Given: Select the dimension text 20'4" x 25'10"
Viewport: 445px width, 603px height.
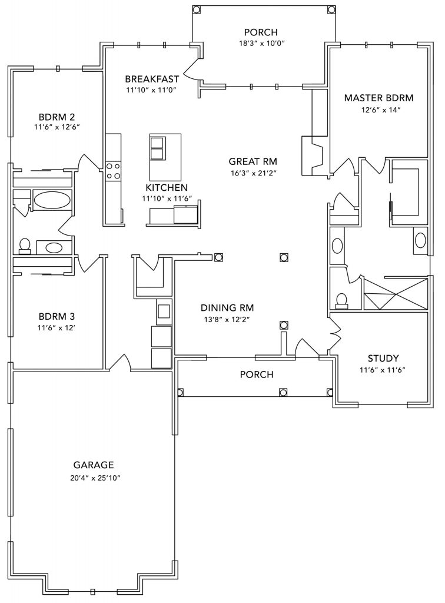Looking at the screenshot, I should click(x=93, y=478).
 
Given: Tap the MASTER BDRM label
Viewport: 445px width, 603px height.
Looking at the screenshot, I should click(x=378, y=98).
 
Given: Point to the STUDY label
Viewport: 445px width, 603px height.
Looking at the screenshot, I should click(x=383, y=358).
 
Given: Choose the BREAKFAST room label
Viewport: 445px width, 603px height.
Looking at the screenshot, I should click(x=152, y=79).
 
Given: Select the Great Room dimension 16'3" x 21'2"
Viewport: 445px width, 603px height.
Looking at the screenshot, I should click(x=253, y=173).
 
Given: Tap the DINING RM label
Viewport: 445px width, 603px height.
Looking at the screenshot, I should click(x=227, y=307).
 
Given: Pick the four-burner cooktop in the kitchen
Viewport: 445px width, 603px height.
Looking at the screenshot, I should click(x=113, y=171).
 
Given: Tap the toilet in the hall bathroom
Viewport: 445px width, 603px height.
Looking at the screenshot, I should click(x=25, y=245).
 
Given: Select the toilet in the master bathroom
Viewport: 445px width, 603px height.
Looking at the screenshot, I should click(x=341, y=300).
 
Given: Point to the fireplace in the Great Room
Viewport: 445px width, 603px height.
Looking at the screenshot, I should click(x=312, y=155).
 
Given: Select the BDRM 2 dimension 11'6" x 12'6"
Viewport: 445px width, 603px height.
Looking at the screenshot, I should click(x=57, y=127).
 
